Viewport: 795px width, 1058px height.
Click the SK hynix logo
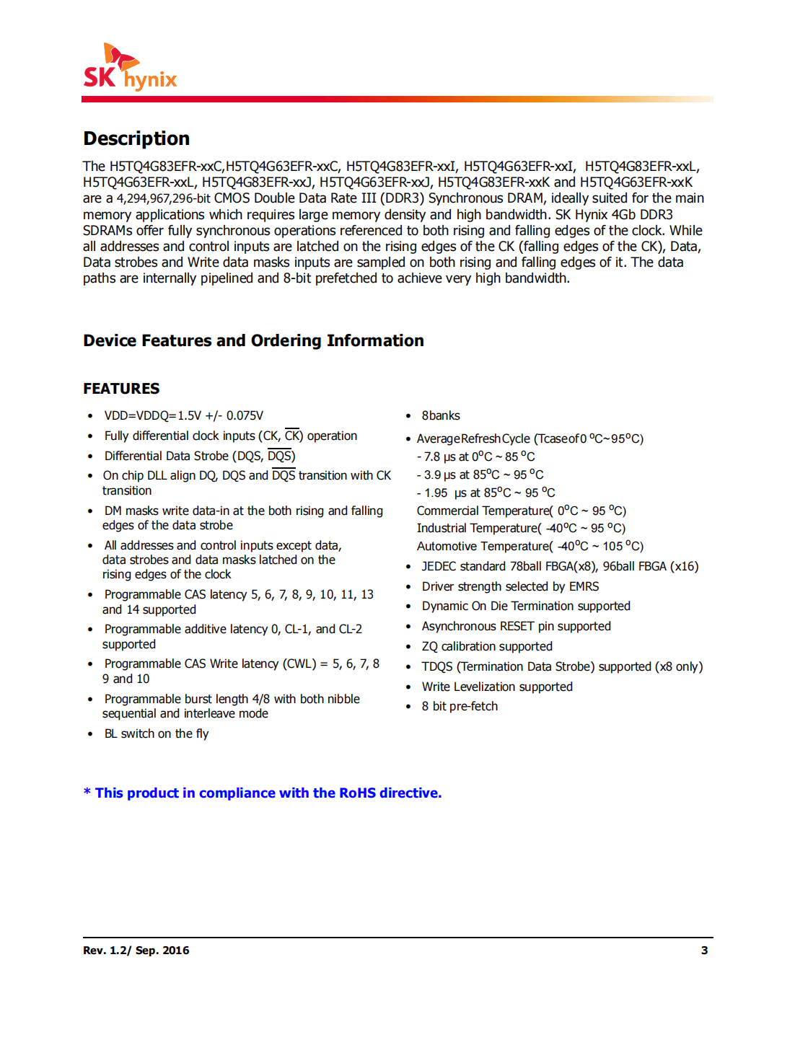point(130,68)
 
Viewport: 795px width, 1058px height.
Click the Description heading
point(136,138)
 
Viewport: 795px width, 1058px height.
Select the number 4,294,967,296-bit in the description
point(163,198)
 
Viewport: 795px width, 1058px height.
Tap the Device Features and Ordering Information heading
point(253,340)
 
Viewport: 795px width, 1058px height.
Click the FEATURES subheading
point(121,389)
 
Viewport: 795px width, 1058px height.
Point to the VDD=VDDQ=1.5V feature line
point(183,415)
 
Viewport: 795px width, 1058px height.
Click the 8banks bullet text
point(440,415)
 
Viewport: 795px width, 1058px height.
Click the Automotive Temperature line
point(530,546)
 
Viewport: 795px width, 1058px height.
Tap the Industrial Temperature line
point(521,528)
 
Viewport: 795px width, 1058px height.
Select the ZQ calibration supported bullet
point(487,646)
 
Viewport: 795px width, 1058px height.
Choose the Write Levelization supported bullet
point(497,687)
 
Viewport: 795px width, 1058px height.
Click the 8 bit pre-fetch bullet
point(460,706)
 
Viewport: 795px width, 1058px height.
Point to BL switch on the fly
point(156,733)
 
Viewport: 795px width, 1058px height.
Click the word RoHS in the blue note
point(357,793)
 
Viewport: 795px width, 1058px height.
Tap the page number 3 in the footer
point(704,951)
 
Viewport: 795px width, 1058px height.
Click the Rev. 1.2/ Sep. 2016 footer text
point(136,951)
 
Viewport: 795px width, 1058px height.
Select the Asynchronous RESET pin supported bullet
point(516,626)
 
